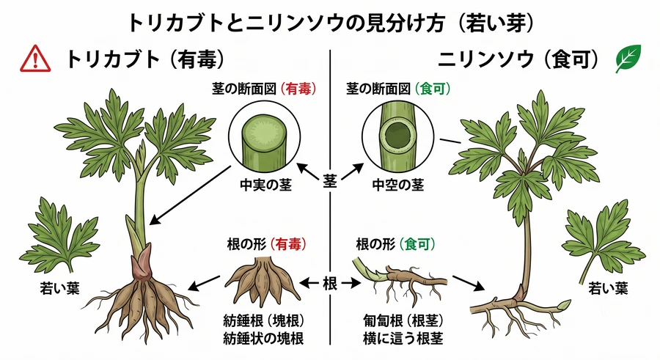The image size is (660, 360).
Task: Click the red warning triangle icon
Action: [35, 59]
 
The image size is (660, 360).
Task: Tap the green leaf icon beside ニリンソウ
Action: [628, 59]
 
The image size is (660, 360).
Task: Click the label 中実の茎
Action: [265, 185]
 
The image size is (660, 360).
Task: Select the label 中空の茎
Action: [397, 185]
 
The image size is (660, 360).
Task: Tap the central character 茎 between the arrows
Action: [330, 181]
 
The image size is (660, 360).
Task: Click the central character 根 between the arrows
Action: [330, 283]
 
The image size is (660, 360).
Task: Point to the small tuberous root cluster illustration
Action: [263, 282]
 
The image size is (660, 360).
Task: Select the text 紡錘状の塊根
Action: [263, 339]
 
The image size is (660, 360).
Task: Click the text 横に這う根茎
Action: [403, 339]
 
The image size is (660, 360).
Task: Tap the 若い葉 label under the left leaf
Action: [60, 288]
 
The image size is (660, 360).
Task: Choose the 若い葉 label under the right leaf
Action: [608, 288]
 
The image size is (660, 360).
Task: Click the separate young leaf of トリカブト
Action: [60, 234]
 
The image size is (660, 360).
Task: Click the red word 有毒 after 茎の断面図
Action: [298, 89]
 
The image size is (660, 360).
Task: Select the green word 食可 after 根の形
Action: [417, 244]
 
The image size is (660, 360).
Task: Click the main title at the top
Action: [331, 23]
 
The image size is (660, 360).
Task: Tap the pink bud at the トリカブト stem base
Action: [142, 262]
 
